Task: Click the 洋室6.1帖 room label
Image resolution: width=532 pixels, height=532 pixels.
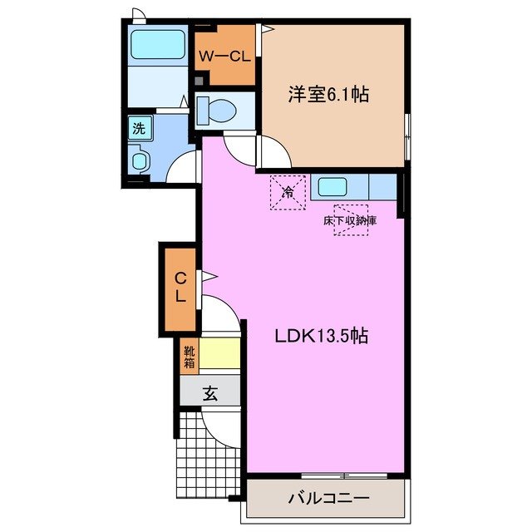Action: point(328,95)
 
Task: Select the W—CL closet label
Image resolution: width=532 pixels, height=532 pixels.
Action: point(224,57)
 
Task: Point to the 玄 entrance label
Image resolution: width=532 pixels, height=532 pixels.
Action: point(210,395)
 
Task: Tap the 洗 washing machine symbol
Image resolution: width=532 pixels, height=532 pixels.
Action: point(137,128)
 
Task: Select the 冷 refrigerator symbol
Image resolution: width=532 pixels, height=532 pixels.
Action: point(288,193)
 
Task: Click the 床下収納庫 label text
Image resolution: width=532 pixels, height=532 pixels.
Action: point(350,221)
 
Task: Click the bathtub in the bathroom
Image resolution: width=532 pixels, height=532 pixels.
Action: point(158,45)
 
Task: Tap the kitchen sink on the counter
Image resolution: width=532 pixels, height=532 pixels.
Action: point(332,186)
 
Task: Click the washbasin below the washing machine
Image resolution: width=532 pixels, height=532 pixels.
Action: point(139,159)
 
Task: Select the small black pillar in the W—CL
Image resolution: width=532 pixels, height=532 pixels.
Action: point(199,80)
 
